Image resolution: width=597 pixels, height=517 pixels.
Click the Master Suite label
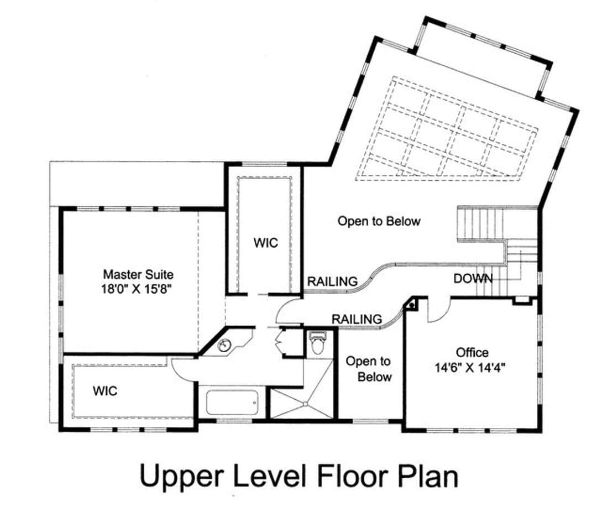pos(138,274)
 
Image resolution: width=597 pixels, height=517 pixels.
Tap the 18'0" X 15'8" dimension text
pos(137,290)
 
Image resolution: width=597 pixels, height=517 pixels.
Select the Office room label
pos(472,352)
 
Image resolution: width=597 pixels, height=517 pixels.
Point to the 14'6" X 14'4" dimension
pos(470,368)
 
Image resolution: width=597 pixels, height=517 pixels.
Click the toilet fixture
pos(317,343)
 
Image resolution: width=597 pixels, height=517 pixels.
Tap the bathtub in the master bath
pos(232,403)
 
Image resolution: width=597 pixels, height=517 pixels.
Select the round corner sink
pos(224,345)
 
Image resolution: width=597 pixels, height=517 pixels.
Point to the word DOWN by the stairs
pos(473,279)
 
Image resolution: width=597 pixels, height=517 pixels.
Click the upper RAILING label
pos(332,281)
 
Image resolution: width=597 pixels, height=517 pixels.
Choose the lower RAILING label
pos(357,319)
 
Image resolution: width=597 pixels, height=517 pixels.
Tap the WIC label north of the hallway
pos(266,243)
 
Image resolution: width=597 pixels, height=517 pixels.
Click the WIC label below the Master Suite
pos(105,391)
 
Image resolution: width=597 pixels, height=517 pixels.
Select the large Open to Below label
pos(379,221)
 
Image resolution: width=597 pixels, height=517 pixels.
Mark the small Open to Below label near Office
pos(368,369)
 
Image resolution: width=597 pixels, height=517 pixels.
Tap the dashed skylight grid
pos(447,128)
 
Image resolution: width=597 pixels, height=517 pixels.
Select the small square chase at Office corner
pos(412,304)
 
